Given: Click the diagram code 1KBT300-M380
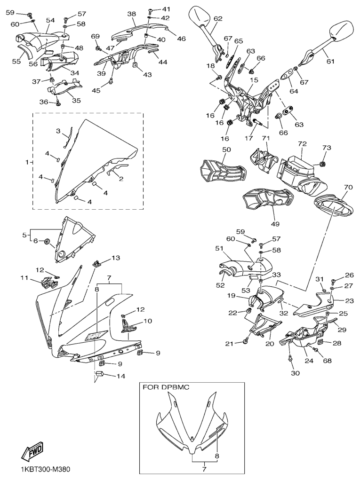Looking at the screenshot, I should click(x=46, y=470).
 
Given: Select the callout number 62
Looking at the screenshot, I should click(x=218, y=19).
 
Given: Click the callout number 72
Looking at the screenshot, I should click(x=302, y=143).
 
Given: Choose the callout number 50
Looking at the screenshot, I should click(x=226, y=150).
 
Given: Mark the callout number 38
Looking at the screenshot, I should click(x=131, y=14).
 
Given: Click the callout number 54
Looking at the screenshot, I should click(x=50, y=20).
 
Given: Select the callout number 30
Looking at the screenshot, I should click(x=295, y=373).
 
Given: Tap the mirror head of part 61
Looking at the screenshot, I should click(x=340, y=31).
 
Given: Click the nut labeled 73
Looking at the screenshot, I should click(x=323, y=164).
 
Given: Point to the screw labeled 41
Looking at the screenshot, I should click(x=150, y=10).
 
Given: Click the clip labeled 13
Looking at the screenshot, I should click(x=96, y=264).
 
